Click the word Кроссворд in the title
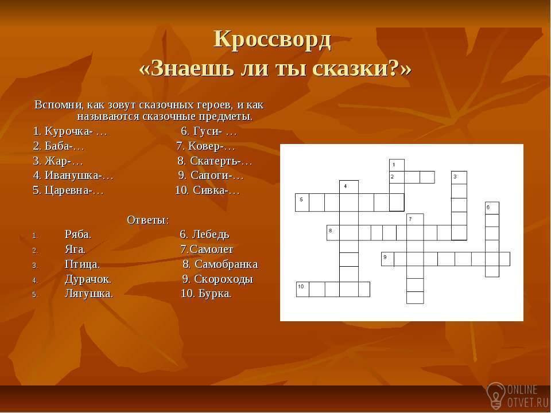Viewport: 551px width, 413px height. (x=272, y=40)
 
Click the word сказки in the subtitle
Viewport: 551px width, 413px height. (x=356, y=68)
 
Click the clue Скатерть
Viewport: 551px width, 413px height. (x=215, y=161)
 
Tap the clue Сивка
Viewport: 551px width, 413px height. (x=207, y=190)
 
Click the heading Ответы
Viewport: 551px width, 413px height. (x=148, y=220)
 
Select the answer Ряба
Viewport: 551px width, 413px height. (x=78, y=234)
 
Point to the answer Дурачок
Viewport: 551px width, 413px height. (x=88, y=279)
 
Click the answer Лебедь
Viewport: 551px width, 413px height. (x=204, y=234)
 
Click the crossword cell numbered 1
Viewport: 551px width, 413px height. (x=397, y=165)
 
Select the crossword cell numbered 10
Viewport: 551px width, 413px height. (x=302, y=289)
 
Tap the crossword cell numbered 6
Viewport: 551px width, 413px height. (x=492, y=208)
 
